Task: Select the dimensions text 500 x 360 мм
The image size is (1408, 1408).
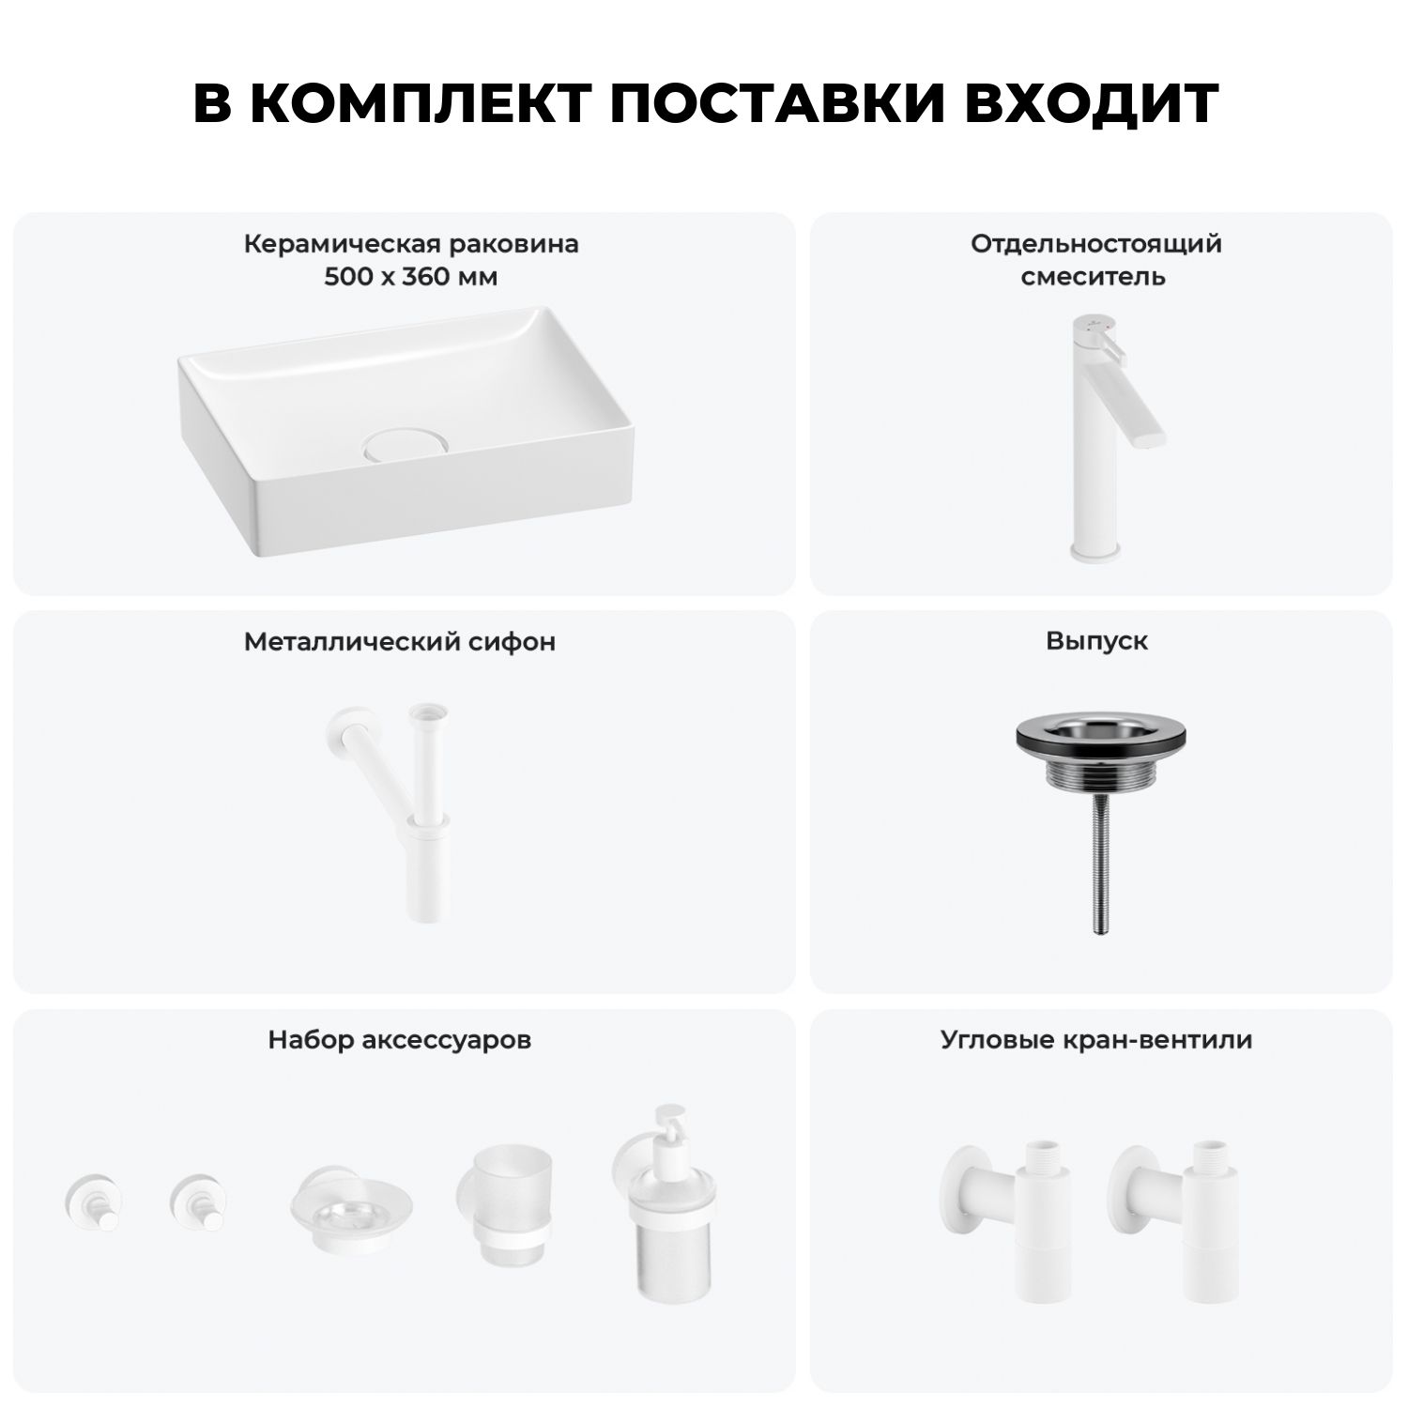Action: coord(411,277)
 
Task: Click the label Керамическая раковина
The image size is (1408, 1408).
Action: coord(411,244)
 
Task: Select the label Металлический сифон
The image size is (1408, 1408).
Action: coord(400,642)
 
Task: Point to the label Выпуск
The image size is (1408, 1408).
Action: coord(1096,641)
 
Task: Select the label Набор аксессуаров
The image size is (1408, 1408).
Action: coord(400,1040)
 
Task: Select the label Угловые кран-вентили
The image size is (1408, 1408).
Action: coord(1096,1040)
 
